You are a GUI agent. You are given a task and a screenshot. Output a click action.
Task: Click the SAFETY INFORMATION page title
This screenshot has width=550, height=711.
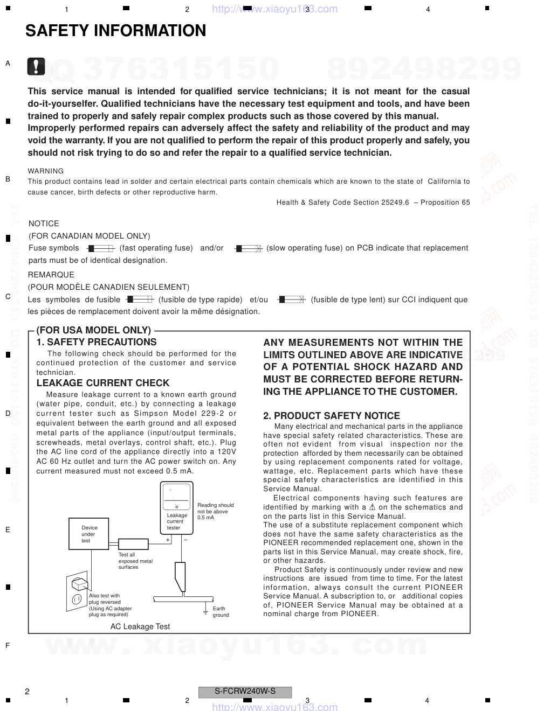click(115, 31)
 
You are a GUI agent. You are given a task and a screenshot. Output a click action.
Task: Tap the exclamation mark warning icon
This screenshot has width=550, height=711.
click(36, 66)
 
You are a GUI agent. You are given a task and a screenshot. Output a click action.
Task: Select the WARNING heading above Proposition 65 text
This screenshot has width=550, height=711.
click(46, 171)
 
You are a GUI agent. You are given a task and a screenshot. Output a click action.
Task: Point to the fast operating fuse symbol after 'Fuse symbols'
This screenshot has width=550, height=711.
click(101, 248)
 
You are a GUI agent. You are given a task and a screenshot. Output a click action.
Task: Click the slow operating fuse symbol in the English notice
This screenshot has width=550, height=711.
click(249, 248)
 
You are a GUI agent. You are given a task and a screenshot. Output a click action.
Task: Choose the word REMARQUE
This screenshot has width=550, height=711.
click(51, 275)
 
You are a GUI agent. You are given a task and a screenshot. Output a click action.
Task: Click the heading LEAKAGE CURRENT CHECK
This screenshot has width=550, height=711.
click(103, 383)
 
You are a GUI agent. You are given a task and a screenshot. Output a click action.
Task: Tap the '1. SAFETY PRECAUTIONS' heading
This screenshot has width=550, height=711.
click(97, 342)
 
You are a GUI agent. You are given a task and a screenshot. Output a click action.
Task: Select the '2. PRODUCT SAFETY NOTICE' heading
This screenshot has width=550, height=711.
click(332, 416)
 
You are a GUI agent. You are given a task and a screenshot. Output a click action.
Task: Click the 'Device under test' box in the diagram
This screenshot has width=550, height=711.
click(89, 534)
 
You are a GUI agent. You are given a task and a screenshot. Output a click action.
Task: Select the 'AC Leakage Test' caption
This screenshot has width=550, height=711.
click(140, 626)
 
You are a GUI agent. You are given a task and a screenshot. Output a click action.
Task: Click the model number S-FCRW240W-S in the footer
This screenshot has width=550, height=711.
click(245, 692)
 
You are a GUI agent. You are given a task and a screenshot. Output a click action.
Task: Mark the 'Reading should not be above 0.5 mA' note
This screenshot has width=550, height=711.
click(215, 511)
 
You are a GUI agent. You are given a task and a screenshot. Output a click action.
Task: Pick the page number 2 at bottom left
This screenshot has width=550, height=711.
click(27, 692)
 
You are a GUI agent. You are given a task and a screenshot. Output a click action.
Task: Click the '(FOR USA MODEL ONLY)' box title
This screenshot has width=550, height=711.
click(94, 330)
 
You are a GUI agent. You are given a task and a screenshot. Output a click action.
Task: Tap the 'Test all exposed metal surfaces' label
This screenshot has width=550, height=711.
click(135, 561)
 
